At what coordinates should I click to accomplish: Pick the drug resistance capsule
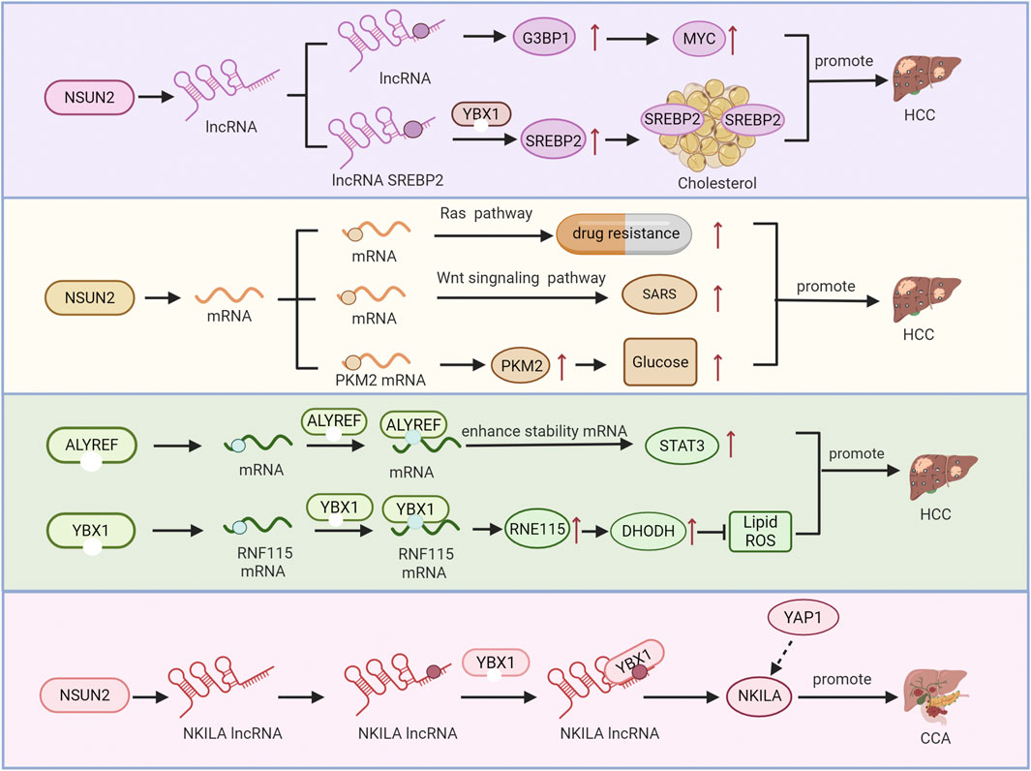[x=624, y=233]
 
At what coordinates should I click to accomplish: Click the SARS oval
[x=658, y=296]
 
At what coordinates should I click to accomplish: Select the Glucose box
[x=660, y=362]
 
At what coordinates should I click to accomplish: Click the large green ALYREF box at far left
[x=92, y=447]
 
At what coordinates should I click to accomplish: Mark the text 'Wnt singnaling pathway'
[x=521, y=279]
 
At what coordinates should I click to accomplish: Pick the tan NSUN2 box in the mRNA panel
[x=92, y=297]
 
